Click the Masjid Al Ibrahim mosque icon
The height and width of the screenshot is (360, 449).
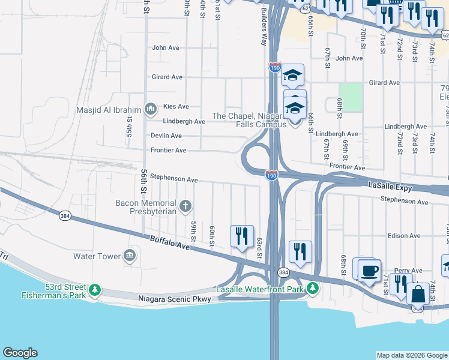150,109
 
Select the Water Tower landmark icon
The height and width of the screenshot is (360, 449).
129,256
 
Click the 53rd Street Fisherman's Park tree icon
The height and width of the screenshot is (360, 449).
94,291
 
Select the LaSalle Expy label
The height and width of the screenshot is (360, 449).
391,188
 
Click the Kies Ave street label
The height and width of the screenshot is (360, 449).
176,106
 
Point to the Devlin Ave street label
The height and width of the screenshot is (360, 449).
166,136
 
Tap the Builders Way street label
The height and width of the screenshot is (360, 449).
263,28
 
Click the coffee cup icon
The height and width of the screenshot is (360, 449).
370,269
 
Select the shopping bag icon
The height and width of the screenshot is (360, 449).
418,294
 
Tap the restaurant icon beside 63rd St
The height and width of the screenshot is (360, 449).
242,235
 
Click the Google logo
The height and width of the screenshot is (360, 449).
20,353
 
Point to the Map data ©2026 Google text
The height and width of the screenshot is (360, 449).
412,355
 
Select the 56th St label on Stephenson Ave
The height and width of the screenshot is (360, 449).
144,181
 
